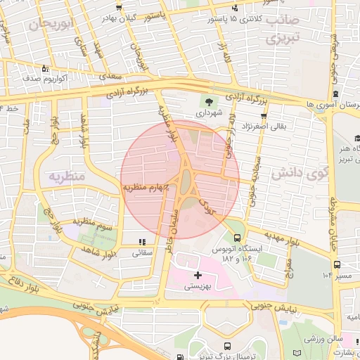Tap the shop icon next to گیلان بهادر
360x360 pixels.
(x=119, y=8)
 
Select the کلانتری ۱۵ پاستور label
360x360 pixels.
(x=210, y=19)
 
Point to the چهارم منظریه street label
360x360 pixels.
(x=148, y=188)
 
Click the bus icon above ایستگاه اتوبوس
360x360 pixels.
(x=238, y=238)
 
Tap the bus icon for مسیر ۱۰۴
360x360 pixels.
(x=337, y=264)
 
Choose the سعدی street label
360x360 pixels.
(x=108, y=75)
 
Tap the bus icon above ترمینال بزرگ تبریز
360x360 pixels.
(x=226, y=345)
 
